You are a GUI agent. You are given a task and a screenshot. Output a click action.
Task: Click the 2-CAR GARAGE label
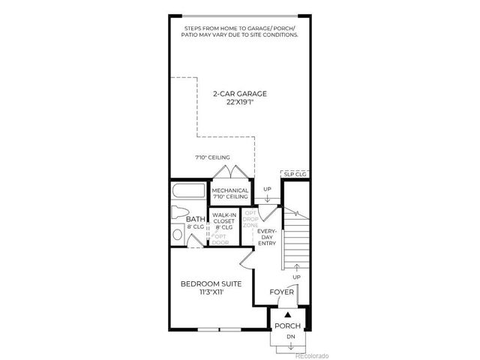click(239, 94)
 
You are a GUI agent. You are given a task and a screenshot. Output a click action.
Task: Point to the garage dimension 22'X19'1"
click(239, 103)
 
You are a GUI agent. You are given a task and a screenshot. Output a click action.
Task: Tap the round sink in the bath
click(177, 234)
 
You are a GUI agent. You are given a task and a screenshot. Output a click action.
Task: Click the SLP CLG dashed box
click(294, 175)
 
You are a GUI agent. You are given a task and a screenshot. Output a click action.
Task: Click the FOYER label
click(281, 292)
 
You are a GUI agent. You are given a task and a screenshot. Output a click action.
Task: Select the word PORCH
click(287, 326)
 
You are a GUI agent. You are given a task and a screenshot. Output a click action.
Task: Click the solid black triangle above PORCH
click(287, 314)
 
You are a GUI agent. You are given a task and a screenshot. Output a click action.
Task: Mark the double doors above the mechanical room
click(224, 172)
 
